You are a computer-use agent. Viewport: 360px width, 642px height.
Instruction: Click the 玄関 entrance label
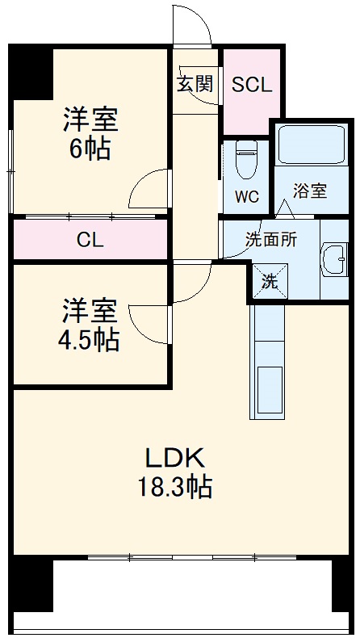pos(195,83)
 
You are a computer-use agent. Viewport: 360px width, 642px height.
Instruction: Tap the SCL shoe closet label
pos(252,85)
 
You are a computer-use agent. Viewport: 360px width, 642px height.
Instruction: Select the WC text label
pos(247,196)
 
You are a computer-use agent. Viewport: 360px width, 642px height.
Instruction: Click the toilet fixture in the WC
pos(247,158)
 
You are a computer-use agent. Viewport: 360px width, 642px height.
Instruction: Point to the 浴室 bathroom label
pos(310,191)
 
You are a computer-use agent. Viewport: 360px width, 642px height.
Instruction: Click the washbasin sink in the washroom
pos(332,260)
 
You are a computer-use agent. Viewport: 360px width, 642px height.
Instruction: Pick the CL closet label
pos(90,240)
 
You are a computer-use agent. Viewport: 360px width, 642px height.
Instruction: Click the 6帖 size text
pos(90,149)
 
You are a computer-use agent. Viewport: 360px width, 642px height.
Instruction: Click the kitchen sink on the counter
pos(270,391)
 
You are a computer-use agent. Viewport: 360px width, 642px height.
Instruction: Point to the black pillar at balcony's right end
pos(342,583)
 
